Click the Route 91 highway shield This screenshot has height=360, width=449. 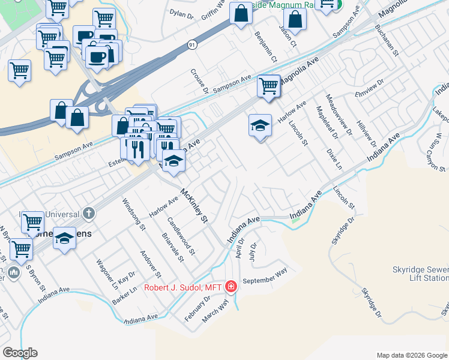[191, 45]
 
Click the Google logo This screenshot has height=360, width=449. [20, 353]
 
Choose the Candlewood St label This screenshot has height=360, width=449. [181, 235]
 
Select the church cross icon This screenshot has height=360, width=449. [89, 213]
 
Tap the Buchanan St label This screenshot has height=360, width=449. [387, 40]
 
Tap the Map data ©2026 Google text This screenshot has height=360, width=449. [411, 355]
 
